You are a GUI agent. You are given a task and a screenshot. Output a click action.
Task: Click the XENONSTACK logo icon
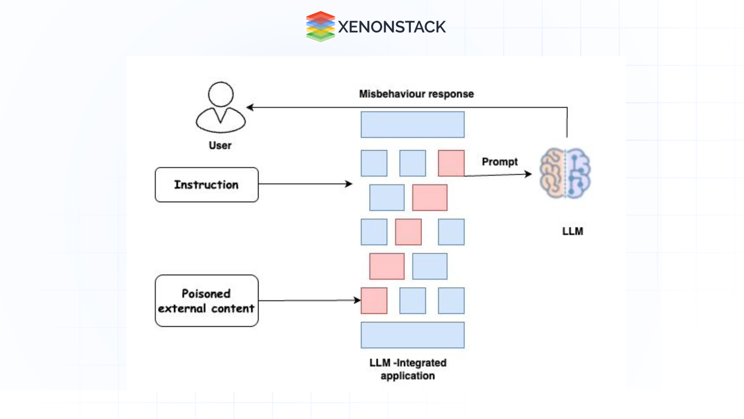coord(320,26)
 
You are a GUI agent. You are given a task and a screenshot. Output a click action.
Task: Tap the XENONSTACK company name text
coord(392,27)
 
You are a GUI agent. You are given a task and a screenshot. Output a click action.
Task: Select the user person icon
coord(220,107)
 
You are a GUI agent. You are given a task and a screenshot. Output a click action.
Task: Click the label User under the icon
coord(220,145)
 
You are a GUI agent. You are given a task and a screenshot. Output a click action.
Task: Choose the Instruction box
coord(207,185)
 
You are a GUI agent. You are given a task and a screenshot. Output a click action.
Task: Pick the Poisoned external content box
coord(207,301)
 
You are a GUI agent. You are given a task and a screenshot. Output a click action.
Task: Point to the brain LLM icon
coord(565,173)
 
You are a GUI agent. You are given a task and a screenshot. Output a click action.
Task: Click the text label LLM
coord(572,232)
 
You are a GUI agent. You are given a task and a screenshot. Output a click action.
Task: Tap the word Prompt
coord(499,162)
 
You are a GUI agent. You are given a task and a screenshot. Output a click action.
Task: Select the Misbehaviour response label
coord(416,94)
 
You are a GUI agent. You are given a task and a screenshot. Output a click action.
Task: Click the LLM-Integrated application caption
coord(408,369)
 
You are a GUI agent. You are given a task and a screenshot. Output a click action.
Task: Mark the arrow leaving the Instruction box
coord(305,184)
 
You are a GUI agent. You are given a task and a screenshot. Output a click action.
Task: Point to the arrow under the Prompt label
coord(498,175)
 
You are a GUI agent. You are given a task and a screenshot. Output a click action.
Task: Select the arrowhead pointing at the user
coord(250,107)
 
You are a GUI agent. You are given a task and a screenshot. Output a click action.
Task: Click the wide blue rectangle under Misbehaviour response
coord(412,125)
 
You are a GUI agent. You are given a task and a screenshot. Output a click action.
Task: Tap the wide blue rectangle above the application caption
coord(412,335)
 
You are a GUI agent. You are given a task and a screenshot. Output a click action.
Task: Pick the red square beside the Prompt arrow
coord(451,163)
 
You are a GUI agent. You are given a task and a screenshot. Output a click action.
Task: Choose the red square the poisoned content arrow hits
coord(374,301)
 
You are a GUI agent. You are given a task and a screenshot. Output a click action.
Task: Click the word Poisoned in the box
coord(206,294)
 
